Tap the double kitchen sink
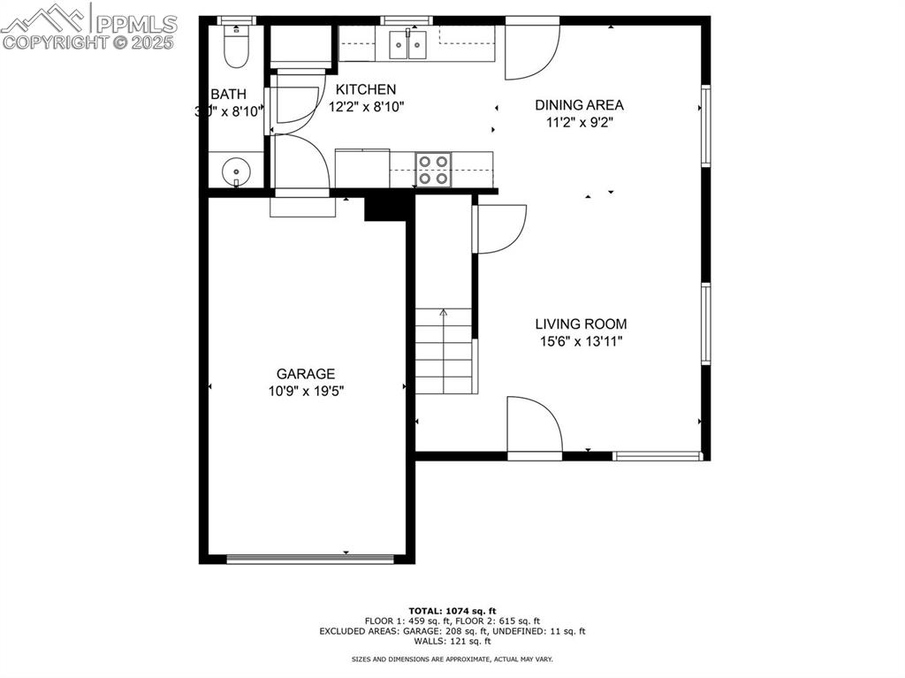[407, 44]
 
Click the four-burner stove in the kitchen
[433, 170]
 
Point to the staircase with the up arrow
[444, 351]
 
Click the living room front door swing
[533, 427]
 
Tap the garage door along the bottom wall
[309, 559]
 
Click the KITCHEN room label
[366, 89]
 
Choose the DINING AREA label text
[579, 105]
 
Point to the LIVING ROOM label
[581, 324]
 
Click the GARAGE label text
[306, 374]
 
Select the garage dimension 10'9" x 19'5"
[306, 391]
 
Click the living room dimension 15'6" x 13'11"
[581, 341]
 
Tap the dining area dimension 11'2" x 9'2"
[579, 122]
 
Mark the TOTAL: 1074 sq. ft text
[452, 611]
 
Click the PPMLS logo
[88, 27]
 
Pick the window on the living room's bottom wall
[658, 456]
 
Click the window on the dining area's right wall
[705, 125]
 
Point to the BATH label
[228, 95]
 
